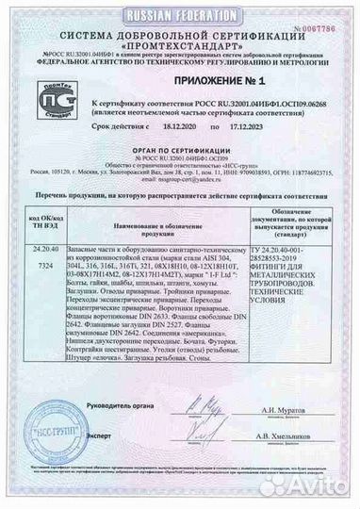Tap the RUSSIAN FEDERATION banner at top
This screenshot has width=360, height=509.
[x=179, y=8]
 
